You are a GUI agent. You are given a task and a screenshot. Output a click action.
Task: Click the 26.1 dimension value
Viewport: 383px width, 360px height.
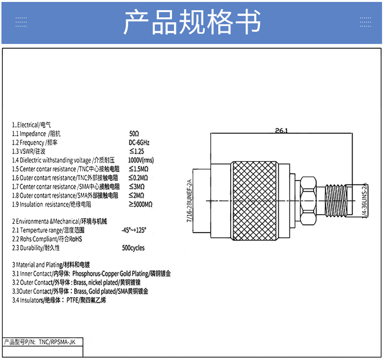click(x=282, y=130)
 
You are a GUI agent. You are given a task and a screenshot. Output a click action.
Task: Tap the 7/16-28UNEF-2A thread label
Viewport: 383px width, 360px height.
click(x=189, y=201)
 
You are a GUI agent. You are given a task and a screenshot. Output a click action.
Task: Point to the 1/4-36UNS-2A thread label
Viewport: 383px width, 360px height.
click(x=364, y=200)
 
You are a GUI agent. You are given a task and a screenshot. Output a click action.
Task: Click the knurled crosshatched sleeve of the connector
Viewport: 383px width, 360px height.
click(x=254, y=201)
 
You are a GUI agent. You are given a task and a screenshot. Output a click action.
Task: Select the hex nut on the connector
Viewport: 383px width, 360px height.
click(x=308, y=201)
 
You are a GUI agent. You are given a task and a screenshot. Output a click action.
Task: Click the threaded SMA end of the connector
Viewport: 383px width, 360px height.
click(x=336, y=201)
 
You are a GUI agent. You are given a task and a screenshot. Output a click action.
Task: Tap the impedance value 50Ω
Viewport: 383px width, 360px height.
click(x=134, y=134)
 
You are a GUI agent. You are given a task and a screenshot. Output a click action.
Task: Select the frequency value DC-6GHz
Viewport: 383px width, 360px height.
click(x=139, y=142)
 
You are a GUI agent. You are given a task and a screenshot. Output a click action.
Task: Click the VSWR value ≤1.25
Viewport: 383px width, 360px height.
click(x=136, y=151)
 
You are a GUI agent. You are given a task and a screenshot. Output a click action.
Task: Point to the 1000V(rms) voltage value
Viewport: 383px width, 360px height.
click(x=141, y=160)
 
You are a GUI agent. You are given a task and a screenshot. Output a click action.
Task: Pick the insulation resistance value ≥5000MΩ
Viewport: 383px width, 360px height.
click(x=141, y=204)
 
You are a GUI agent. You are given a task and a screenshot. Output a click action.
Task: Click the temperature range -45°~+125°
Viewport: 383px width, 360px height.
click(x=134, y=230)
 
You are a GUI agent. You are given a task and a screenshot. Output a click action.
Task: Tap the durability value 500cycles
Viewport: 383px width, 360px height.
click(x=133, y=248)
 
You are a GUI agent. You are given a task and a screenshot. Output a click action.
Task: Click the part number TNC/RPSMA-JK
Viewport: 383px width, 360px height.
click(x=57, y=342)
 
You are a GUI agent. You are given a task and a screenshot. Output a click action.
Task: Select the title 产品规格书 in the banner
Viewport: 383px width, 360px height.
click(x=192, y=22)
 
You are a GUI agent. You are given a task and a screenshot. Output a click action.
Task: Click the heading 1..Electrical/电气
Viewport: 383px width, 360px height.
click(x=32, y=125)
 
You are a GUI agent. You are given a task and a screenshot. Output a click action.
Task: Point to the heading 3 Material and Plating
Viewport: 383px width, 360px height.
click(x=37, y=265)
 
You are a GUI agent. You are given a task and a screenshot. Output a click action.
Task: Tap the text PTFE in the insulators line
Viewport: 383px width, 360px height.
click(x=72, y=300)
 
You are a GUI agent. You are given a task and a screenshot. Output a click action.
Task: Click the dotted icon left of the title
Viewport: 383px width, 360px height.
click(x=21, y=22)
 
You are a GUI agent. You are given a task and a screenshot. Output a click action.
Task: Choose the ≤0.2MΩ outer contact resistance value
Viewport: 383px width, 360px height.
click(x=138, y=178)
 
